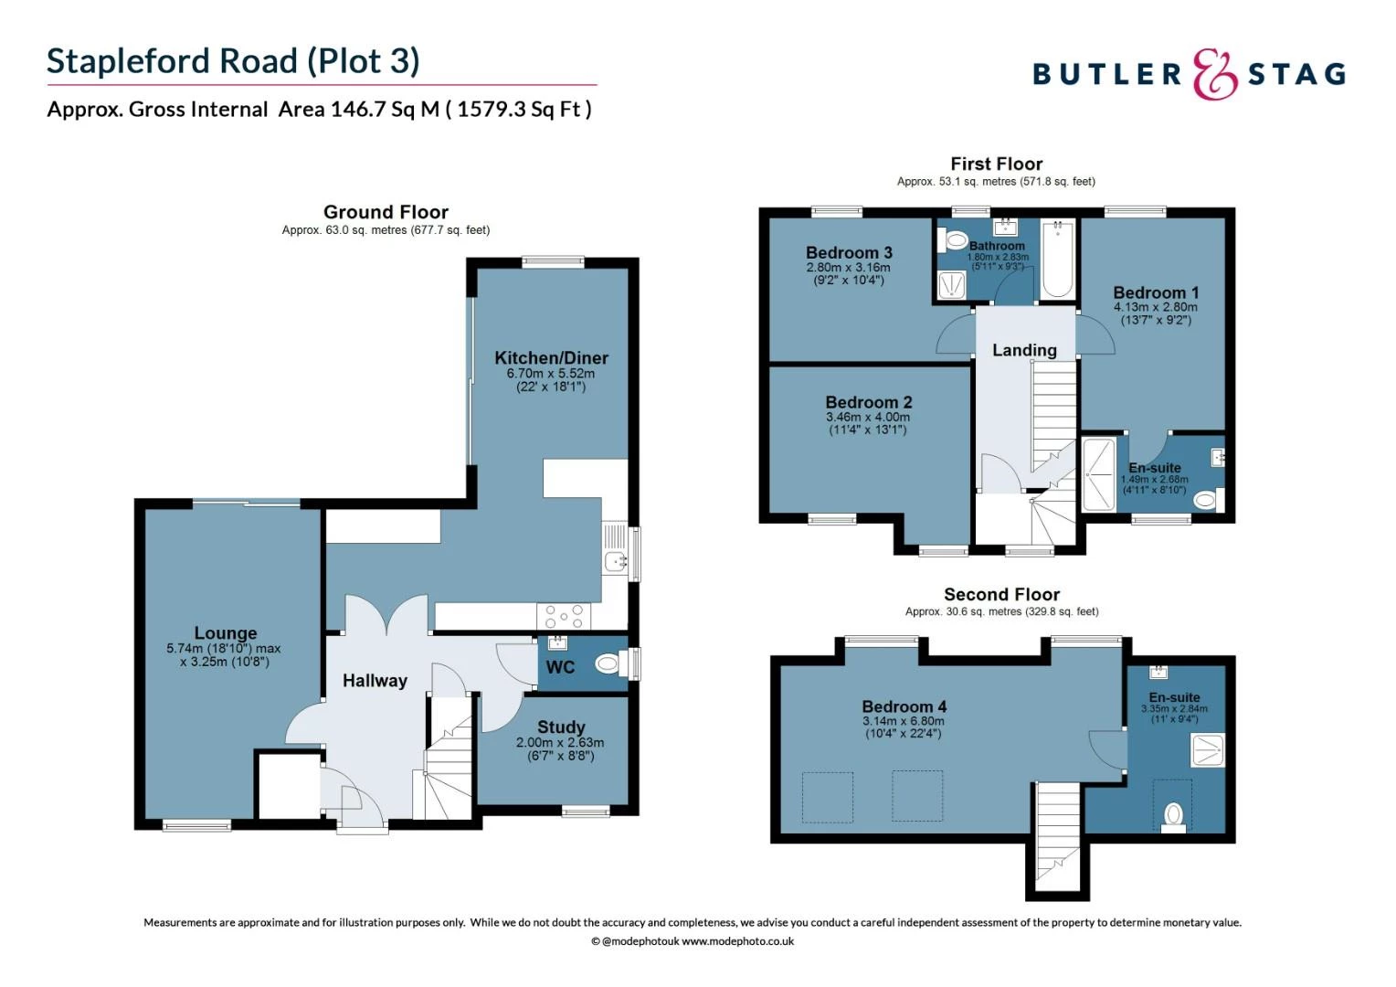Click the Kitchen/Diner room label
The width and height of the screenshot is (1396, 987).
tap(551, 357)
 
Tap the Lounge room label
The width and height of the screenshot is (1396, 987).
tap(225, 632)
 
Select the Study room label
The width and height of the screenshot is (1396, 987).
tap(560, 727)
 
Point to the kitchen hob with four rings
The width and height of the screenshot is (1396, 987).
tap(564, 616)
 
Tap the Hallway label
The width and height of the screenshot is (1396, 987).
tap(375, 680)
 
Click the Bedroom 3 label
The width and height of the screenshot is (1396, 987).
tap(849, 252)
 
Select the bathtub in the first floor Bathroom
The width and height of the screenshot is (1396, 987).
tap(1058, 260)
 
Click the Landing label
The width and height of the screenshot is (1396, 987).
tap(1024, 350)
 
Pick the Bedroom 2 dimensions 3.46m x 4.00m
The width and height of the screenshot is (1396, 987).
tap(868, 417)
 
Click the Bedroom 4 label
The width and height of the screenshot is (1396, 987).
tap(904, 706)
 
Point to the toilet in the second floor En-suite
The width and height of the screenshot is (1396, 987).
tap(1173, 814)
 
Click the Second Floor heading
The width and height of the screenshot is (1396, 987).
tap(1001, 594)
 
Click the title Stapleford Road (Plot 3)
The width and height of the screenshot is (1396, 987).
tap(233, 61)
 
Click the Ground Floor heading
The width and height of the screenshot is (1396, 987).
tap(386, 212)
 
